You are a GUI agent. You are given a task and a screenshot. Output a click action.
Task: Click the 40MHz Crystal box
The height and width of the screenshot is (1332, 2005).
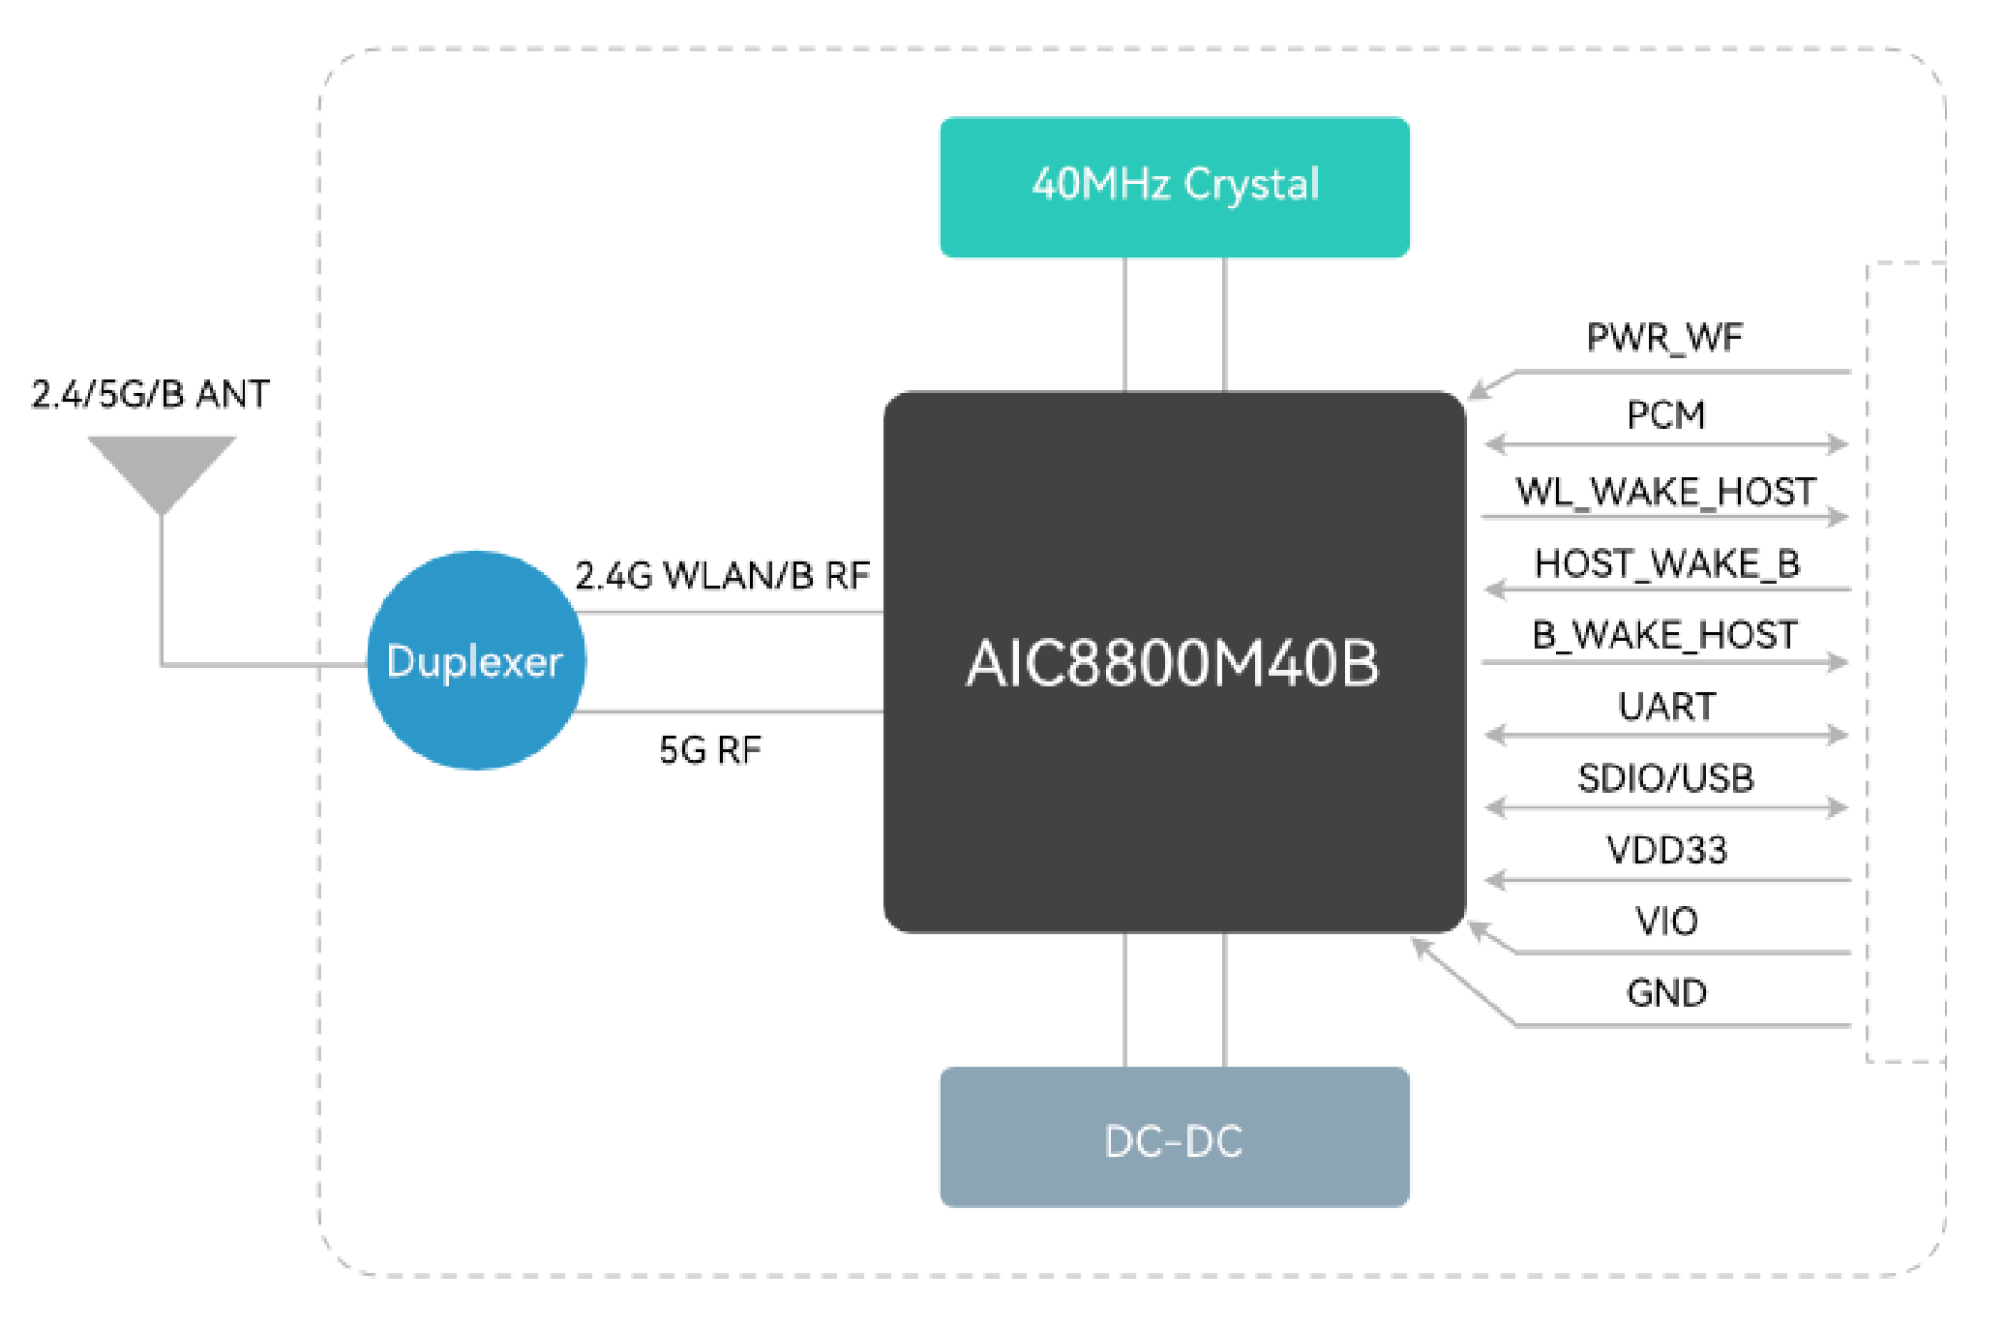1174,187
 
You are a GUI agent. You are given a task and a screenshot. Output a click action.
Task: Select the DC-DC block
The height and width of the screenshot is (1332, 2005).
1174,1137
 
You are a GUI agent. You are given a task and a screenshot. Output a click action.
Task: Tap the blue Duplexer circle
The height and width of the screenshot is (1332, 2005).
475,661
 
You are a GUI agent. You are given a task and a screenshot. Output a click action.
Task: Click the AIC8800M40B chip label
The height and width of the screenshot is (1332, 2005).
1173,664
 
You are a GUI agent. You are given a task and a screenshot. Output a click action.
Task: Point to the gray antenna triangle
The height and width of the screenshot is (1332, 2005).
162,468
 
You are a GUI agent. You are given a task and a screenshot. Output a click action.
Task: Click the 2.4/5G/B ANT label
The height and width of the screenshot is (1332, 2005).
150,394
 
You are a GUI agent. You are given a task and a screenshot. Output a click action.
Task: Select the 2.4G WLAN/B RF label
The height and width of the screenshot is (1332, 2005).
722,576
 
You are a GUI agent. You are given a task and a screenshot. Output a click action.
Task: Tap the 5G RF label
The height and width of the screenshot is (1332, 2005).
710,750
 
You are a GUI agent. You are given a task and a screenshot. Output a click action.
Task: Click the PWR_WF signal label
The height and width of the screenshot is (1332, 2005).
1664,338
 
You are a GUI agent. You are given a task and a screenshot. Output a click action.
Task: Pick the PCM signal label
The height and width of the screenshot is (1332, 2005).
1665,415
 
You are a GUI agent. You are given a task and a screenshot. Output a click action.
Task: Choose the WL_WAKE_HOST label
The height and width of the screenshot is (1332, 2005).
1665,492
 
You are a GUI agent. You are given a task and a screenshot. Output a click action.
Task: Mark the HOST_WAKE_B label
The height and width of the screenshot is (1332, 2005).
1666,563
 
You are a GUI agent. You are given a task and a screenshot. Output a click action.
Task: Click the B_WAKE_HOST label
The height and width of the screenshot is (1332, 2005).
1664,635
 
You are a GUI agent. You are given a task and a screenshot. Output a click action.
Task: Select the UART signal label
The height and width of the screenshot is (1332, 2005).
1666,707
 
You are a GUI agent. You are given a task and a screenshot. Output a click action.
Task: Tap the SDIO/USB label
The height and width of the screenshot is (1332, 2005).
1665,778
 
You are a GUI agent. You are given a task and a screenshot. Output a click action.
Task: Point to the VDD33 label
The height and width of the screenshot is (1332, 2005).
1666,850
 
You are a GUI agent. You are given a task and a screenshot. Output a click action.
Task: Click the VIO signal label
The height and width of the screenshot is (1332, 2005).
1666,921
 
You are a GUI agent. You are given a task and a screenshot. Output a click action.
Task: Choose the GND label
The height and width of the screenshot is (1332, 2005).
1666,993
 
